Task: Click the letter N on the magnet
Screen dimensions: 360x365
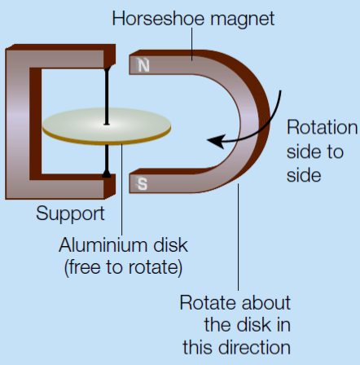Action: coord(143,65)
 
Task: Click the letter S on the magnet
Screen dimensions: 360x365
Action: coord(142,183)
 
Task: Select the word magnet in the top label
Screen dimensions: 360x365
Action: coord(243,20)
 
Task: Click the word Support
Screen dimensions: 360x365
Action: coord(70,213)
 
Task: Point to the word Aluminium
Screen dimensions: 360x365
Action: coord(103,245)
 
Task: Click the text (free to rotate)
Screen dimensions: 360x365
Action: coord(123,268)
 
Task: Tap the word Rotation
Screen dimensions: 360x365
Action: coord(323,127)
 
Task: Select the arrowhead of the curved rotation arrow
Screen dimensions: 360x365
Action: coord(216,141)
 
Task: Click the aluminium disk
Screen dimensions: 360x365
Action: coord(107,126)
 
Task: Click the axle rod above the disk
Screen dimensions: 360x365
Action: coord(107,95)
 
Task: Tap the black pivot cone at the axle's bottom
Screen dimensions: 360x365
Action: coord(107,174)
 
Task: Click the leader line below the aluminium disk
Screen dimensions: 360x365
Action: coord(121,190)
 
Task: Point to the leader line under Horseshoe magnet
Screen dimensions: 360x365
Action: coord(192,44)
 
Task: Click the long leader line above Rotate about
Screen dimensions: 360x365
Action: coord(239,237)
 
